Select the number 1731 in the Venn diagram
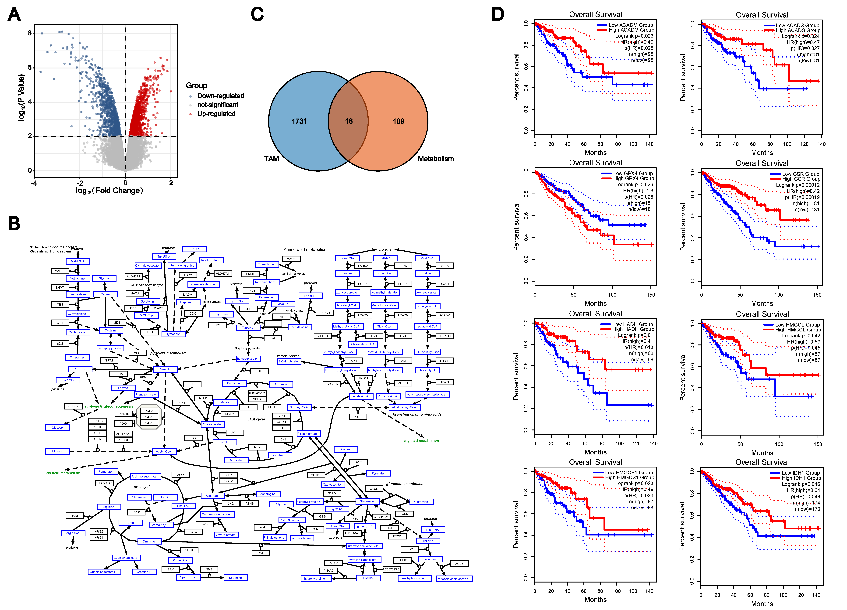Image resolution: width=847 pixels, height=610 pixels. (x=299, y=121)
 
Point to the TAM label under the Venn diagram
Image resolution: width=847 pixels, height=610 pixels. (x=272, y=159)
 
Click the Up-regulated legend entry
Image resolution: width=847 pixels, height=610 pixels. (x=216, y=114)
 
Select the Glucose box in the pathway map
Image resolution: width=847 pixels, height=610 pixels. (x=57, y=428)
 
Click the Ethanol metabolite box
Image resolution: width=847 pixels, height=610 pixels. (x=57, y=451)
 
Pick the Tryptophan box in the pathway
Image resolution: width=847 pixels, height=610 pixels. (x=173, y=334)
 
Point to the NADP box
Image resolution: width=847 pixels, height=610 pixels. (x=194, y=249)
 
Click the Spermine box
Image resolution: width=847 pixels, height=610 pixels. (x=235, y=578)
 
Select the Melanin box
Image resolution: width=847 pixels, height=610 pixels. (x=283, y=304)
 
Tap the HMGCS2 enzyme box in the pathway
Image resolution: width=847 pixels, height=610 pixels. (x=332, y=384)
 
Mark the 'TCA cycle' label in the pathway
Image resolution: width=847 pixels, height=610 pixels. (x=256, y=419)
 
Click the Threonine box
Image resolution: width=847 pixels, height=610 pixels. (x=77, y=357)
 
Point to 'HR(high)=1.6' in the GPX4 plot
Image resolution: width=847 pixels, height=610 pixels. (x=638, y=191)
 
